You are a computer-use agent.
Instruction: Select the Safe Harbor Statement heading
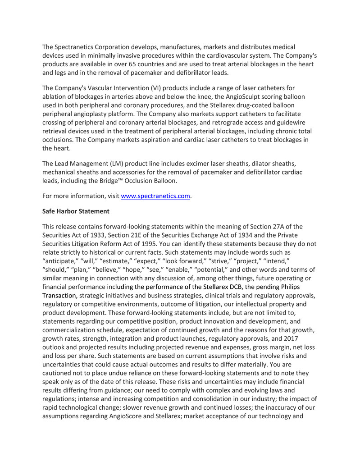pos(76,211)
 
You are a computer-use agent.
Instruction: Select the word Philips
pos(289,287)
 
